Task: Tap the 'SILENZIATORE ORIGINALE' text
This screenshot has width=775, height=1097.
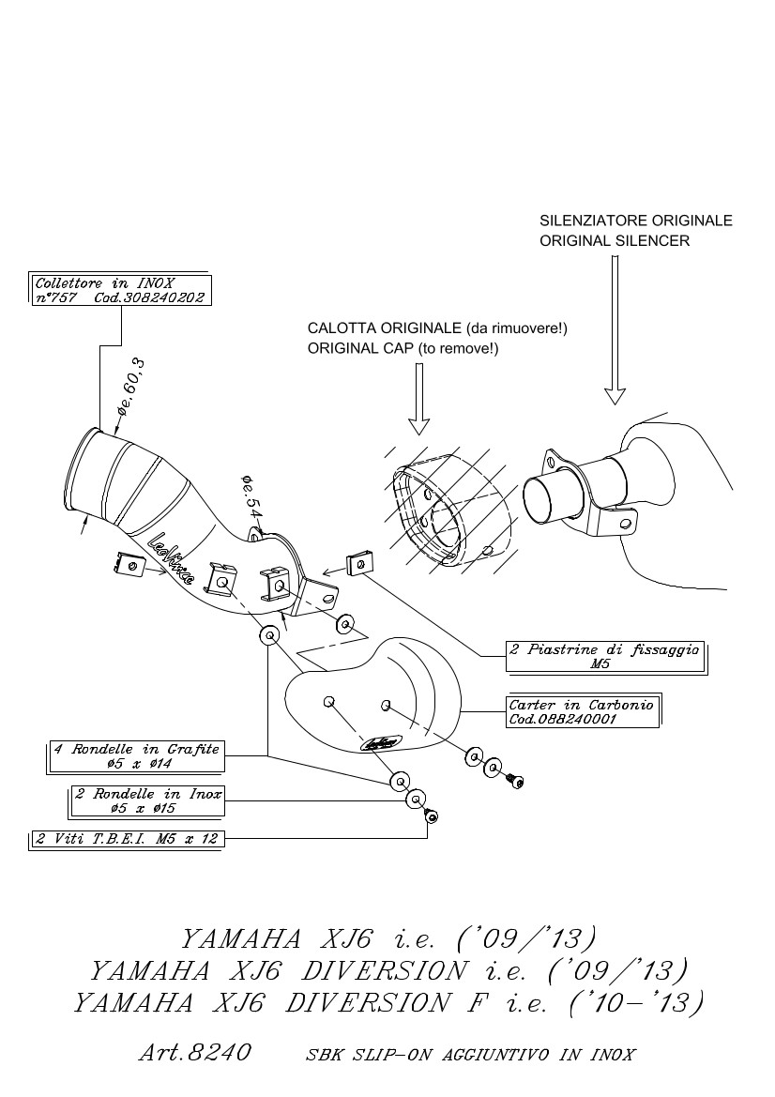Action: [635, 221]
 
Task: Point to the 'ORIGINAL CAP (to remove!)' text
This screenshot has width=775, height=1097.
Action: [403, 348]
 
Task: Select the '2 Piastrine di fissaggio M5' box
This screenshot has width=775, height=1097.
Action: [604, 656]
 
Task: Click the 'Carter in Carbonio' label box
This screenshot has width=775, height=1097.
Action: [582, 711]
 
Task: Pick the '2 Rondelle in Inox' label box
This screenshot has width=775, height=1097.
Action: [148, 800]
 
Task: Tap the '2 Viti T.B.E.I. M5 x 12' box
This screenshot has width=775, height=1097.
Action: [126, 838]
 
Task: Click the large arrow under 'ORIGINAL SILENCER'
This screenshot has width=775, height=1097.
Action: [615, 328]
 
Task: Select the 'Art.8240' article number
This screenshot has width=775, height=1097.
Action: [195, 1053]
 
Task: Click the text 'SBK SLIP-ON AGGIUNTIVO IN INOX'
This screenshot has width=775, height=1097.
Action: [471, 1055]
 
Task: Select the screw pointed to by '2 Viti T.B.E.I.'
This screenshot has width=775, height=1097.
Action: [432, 817]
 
